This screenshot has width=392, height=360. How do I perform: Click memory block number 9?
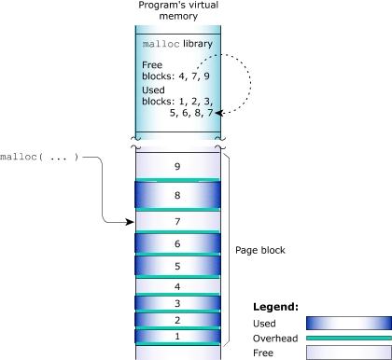click(177, 167)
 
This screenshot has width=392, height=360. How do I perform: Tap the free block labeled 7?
click(177, 221)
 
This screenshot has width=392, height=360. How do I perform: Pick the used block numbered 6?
click(177, 243)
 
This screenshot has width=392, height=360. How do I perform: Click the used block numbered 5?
click(177, 266)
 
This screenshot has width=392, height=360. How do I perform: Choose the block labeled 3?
click(177, 304)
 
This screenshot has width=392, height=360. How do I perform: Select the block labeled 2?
click(177, 320)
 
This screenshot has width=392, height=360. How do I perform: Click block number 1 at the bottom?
click(177, 336)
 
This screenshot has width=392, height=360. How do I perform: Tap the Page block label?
click(259, 250)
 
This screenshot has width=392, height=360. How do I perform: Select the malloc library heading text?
click(176, 44)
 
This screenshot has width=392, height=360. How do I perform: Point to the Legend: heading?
click(275, 306)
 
